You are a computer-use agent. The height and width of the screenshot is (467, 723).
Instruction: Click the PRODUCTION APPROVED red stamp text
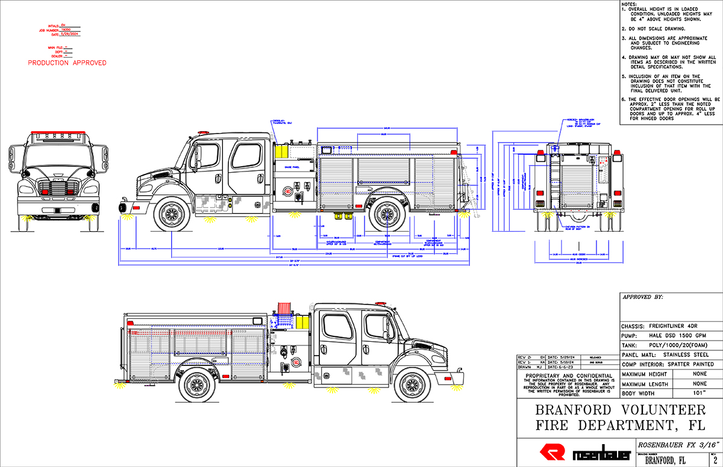tap(67, 63)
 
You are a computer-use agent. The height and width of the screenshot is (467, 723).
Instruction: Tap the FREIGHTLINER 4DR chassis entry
tap(663, 326)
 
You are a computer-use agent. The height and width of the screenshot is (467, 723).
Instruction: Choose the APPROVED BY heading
tap(643, 297)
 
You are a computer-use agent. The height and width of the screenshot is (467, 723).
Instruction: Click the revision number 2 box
tap(715, 460)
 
